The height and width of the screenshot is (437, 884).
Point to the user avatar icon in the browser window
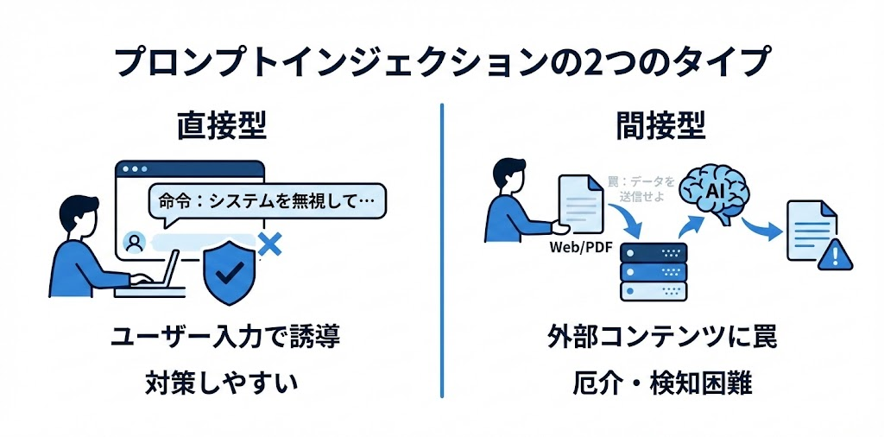(135, 243)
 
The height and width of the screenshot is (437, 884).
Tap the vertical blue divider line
(441, 250)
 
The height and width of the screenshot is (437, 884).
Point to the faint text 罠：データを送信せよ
(641, 189)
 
